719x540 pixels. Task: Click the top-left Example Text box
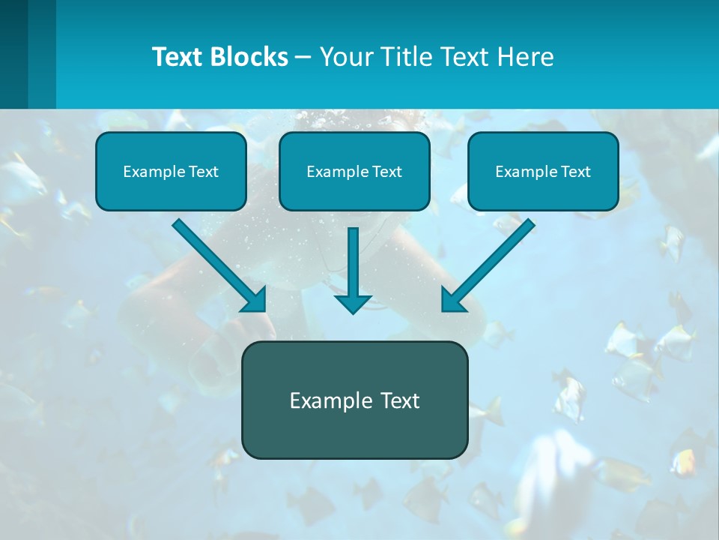tap(171, 171)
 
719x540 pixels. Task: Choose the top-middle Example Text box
tap(354, 171)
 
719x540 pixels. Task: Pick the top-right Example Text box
tap(543, 171)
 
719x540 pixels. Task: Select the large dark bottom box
tap(354, 400)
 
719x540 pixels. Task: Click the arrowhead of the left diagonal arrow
tap(254, 299)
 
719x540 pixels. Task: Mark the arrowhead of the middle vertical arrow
tap(353, 303)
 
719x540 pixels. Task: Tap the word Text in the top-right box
tap(575, 172)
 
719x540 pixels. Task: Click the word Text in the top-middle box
tap(386, 172)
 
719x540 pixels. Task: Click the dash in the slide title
tap(304, 58)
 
